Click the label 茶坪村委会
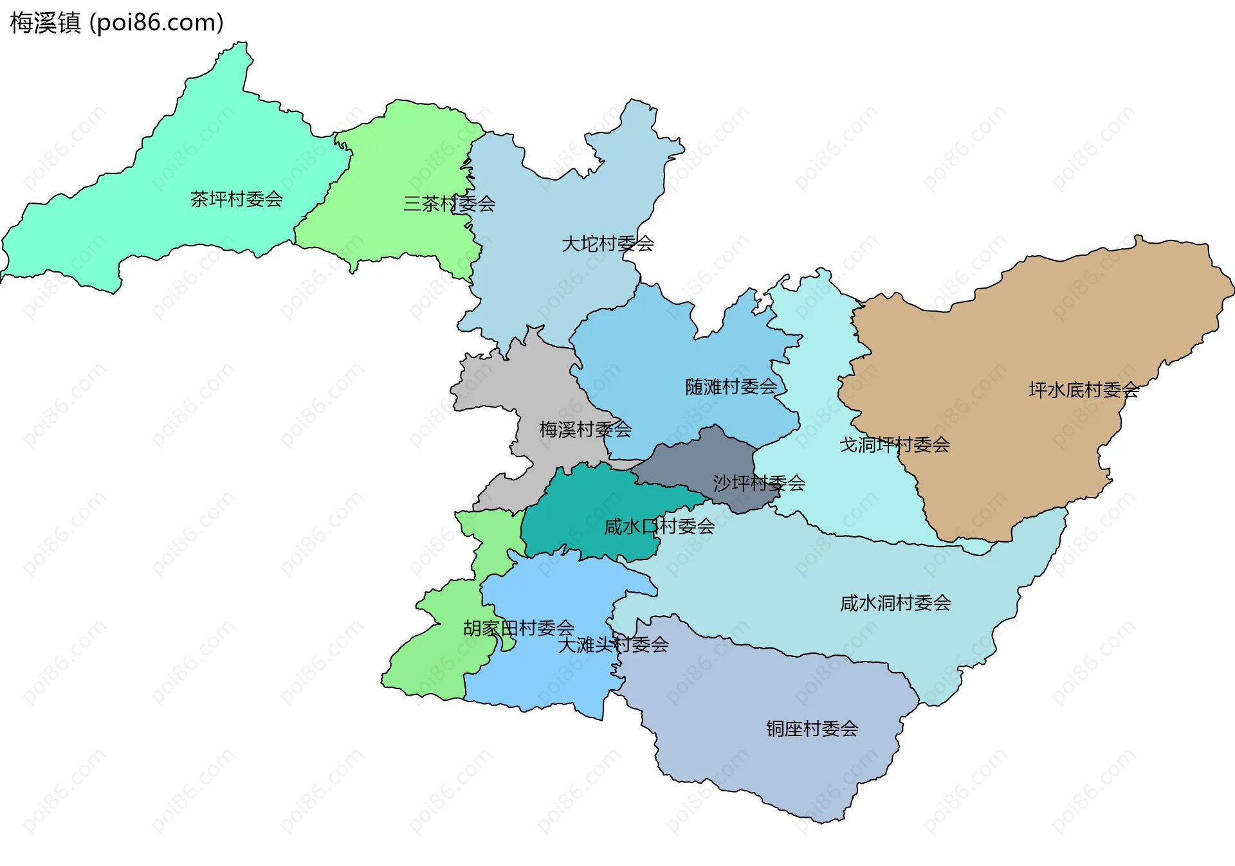tap(236, 199)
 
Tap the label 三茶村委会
tap(449, 204)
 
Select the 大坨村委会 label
tap(607, 244)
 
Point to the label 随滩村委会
tap(731, 387)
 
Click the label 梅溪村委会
tap(585, 429)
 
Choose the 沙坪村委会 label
tap(758, 483)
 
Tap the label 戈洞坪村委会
tap(894, 444)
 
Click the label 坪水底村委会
tap(1084, 390)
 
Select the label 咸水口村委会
tap(659, 527)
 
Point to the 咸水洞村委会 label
tap(895, 603)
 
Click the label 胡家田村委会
tap(518, 628)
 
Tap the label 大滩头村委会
tap(612, 644)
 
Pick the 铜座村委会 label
tap(812, 728)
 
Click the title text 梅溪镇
tap(45, 23)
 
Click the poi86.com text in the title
tap(156, 23)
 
